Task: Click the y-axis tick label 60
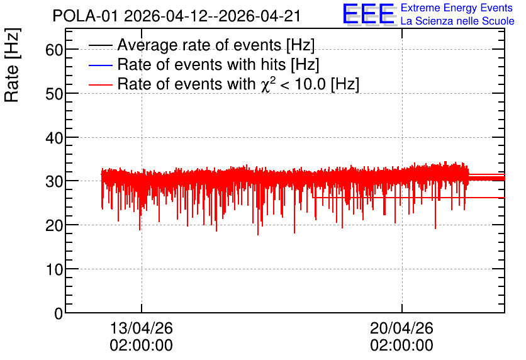(x=54, y=50)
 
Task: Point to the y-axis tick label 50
(x=54, y=94)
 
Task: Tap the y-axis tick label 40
(x=54, y=138)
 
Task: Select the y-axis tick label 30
(x=54, y=182)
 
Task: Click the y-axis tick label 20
(x=54, y=226)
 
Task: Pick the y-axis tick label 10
(x=54, y=270)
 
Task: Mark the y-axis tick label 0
(x=59, y=314)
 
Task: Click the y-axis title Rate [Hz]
(x=12, y=65)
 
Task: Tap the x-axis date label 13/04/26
(x=141, y=328)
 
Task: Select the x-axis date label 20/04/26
(x=401, y=328)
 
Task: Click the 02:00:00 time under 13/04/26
(x=141, y=346)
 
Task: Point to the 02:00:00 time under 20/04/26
(x=401, y=346)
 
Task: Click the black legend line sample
(x=100, y=45)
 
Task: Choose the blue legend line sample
(x=100, y=65)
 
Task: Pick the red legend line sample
(x=100, y=85)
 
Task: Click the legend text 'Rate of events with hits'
(x=201, y=64)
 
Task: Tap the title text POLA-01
(x=85, y=16)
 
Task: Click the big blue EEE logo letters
(x=369, y=14)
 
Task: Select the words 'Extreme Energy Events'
(x=457, y=8)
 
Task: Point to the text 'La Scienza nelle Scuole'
(x=457, y=21)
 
